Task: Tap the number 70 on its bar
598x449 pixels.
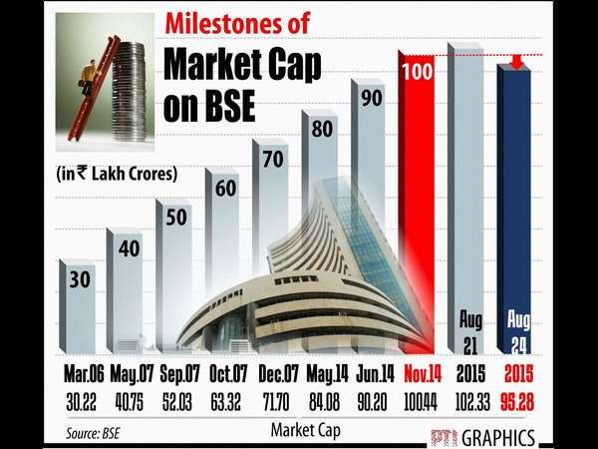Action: point(270,157)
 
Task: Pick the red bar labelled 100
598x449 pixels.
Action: point(418,200)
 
